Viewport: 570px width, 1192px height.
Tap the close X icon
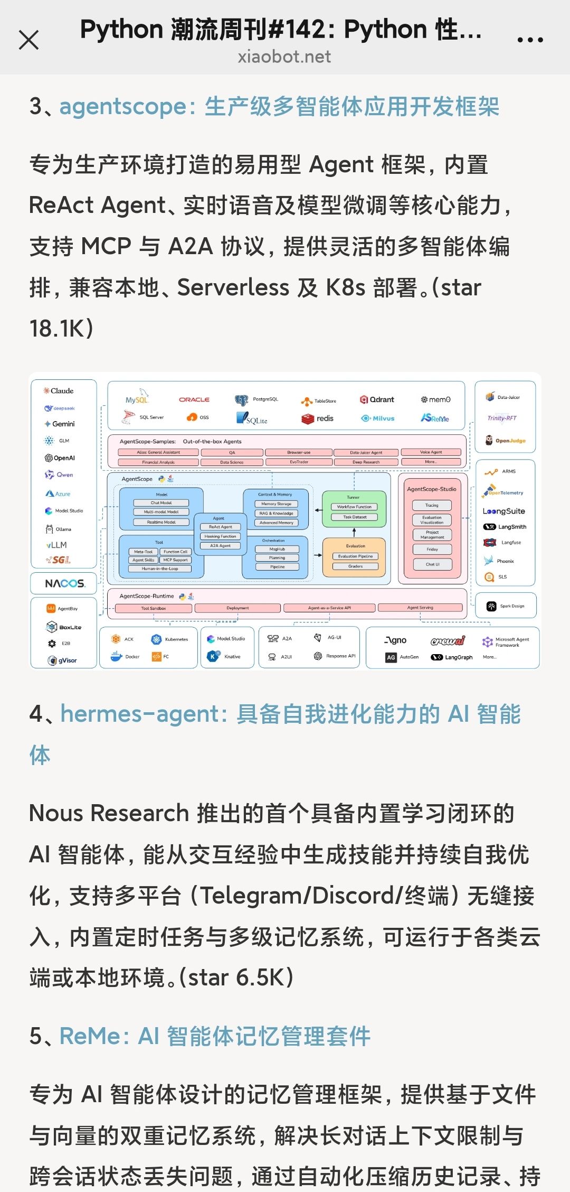pyautogui.click(x=28, y=40)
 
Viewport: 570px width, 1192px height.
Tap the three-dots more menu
pyautogui.click(x=530, y=40)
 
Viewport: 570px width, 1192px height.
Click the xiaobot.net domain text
pyautogui.click(x=284, y=57)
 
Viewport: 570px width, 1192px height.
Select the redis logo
pyautogui.click(x=318, y=418)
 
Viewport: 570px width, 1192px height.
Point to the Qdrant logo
pyautogui.click(x=377, y=399)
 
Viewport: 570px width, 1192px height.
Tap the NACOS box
pyautogui.click(x=64, y=583)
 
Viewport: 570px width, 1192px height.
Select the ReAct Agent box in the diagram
pyautogui.click(x=221, y=527)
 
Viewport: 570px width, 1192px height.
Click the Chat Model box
pyautogui.click(x=161, y=503)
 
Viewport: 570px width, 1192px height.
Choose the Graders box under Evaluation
pyautogui.click(x=355, y=566)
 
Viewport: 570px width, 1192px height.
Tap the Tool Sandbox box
pyautogui.click(x=154, y=608)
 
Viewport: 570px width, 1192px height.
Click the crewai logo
pyautogui.click(x=448, y=641)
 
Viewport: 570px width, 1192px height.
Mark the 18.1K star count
pyautogui.click(x=61, y=329)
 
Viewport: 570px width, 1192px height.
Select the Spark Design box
pyautogui.click(x=506, y=606)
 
